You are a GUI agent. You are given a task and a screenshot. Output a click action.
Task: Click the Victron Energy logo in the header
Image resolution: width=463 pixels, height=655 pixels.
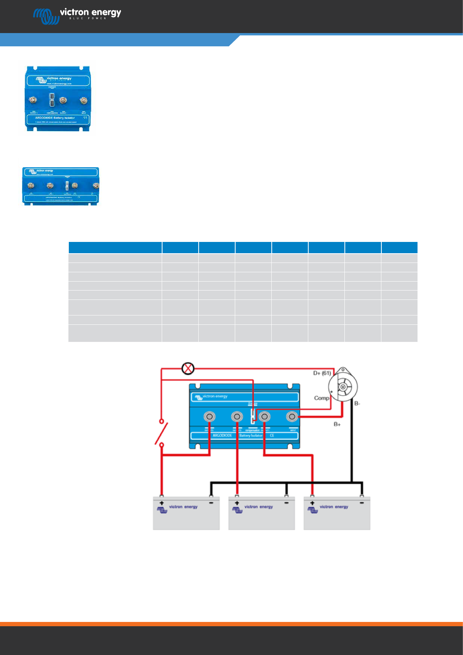[x=77, y=15]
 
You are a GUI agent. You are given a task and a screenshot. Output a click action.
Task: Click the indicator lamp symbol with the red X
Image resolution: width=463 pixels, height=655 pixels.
[x=188, y=368]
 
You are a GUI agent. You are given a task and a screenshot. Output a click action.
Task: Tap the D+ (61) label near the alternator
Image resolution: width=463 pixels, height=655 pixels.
[x=322, y=373]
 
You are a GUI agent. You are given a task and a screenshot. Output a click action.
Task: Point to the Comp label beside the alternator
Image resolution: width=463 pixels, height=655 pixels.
[x=321, y=398]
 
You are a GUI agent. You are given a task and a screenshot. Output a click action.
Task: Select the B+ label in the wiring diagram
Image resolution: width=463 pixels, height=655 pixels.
[x=337, y=424]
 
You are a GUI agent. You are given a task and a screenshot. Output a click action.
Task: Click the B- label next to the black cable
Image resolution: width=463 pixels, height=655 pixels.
[x=357, y=403]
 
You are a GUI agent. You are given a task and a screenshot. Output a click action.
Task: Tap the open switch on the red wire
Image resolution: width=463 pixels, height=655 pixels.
[x=161, y=433]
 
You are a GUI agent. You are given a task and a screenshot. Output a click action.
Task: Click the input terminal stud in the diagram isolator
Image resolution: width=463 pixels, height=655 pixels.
[x=292, y=417]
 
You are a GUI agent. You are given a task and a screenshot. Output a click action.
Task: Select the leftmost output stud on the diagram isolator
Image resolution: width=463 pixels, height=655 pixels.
[x=210, y=417]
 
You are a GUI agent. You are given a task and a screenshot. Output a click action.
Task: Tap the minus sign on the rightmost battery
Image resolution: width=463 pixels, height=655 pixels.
[x=362, y=503]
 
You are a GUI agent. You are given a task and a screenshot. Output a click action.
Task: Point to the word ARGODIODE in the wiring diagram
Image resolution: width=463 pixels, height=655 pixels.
[x=222, y=435]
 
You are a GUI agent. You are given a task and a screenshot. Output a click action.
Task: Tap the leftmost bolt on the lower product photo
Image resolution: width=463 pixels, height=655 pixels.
[x=31, y=186]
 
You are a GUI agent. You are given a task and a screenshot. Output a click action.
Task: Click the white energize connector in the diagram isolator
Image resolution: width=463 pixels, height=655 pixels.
[x=253, y=415]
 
